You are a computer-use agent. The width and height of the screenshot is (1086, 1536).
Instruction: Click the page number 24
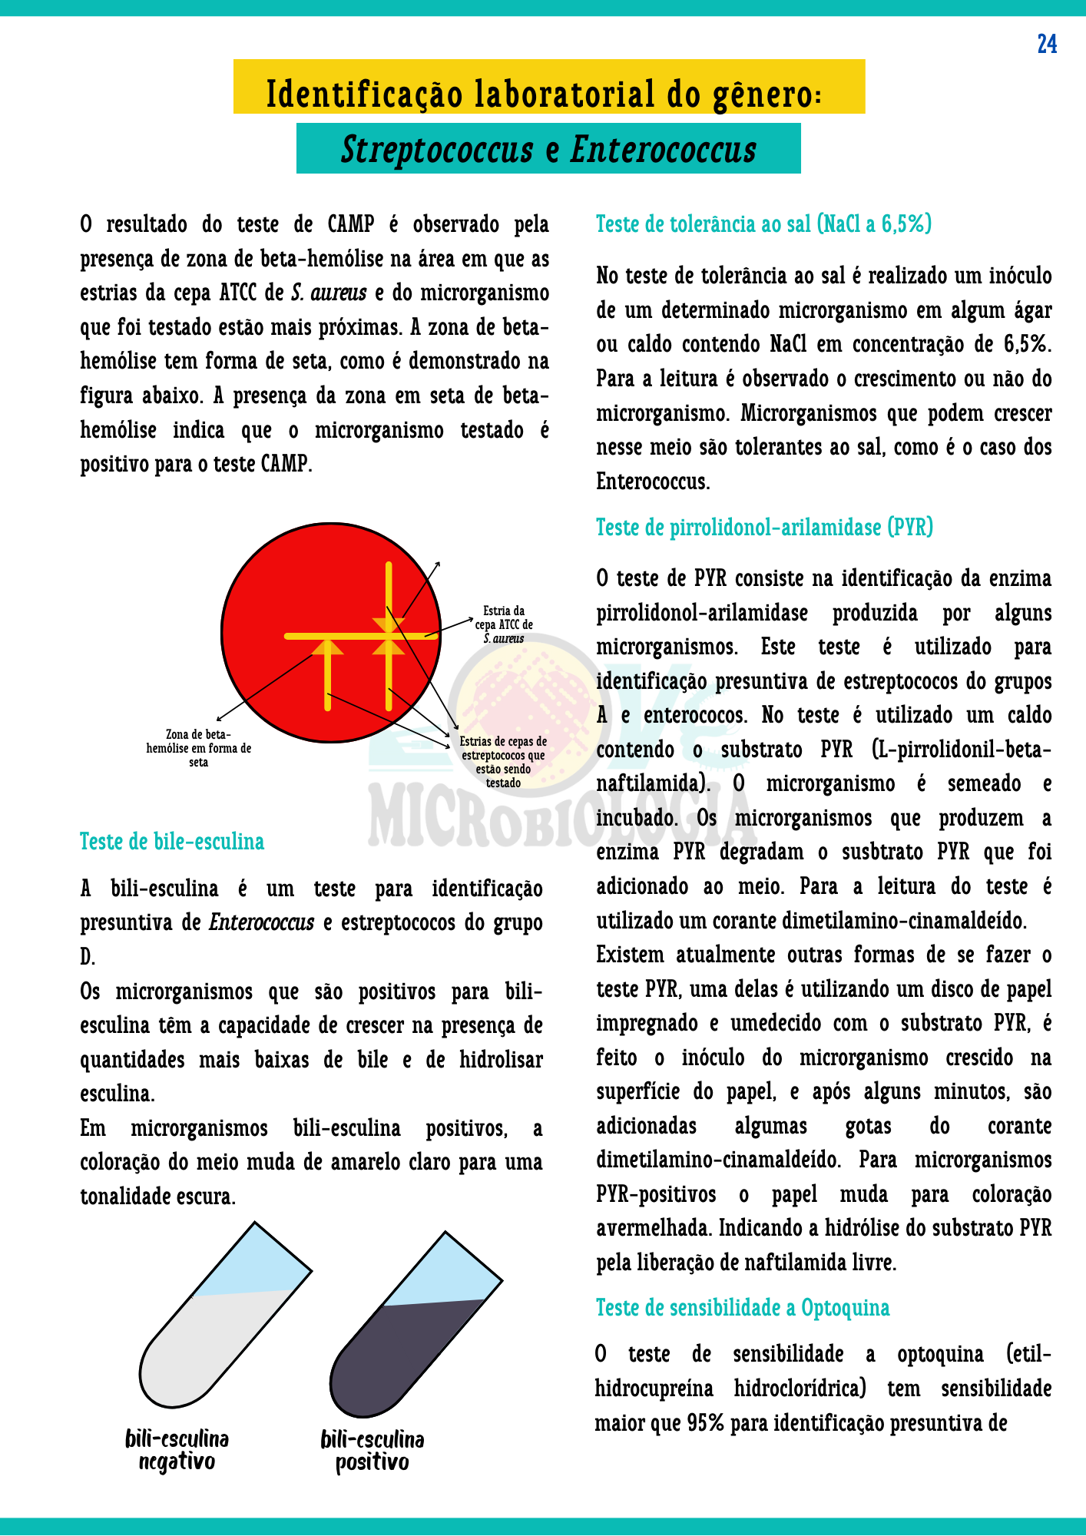pyautogui.click(x=1047, y=45)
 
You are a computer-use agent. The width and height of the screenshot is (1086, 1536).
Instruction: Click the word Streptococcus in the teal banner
pyautogui.click(x=437, y=149)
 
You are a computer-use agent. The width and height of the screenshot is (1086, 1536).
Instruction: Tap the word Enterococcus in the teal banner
pyautogui.click(x=663, y=149)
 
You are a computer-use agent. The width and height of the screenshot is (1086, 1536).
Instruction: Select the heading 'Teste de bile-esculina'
pyautogui.click(x=172, y=842)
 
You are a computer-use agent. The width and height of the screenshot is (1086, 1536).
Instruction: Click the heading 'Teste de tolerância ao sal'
pyautogui.click(x=763, y=224)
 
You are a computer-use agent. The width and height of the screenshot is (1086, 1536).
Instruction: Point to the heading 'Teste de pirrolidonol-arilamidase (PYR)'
pyautogui.click(x=764, y=528)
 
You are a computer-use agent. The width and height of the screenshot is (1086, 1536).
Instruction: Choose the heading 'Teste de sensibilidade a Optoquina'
pyautogui.click(x=743, y=1308)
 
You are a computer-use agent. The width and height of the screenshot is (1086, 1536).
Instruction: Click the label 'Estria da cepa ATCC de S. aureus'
pyautogui.click(x=504, y=624)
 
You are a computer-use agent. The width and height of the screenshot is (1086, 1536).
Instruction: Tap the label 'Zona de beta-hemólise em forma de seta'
pyautogui.click(x=199, y=748)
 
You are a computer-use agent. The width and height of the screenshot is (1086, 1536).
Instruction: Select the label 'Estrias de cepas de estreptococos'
pyautogui.click(x=503, y=762)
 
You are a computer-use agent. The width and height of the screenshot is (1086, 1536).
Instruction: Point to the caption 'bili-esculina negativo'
pyautogui.click(x=177, y=1449)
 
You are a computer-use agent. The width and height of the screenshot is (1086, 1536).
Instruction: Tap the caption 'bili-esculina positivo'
pyautogui.click(x=372, y=1450)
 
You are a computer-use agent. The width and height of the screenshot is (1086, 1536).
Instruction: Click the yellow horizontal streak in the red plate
pyautogui.click(x=353, y=636)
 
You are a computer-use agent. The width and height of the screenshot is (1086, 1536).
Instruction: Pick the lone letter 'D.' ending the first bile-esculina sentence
pyautogui.click(x=88, y=957)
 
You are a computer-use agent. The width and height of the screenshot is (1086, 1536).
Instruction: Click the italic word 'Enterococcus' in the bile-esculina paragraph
pyautogui.click(x=262, y=922)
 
